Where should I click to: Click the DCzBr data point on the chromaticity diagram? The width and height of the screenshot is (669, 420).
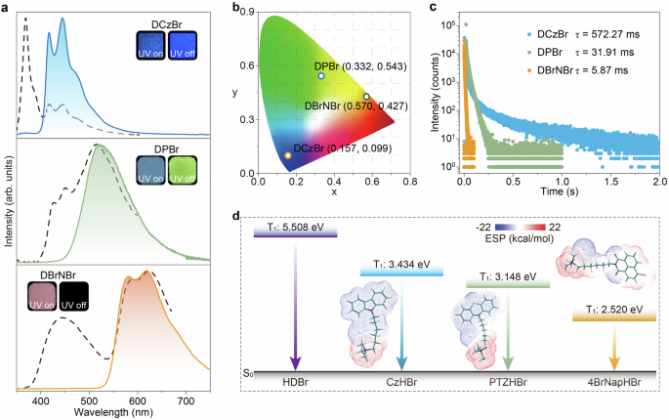tap(260, 155)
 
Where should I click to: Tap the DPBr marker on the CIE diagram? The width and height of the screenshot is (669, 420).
tap(320, 75)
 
